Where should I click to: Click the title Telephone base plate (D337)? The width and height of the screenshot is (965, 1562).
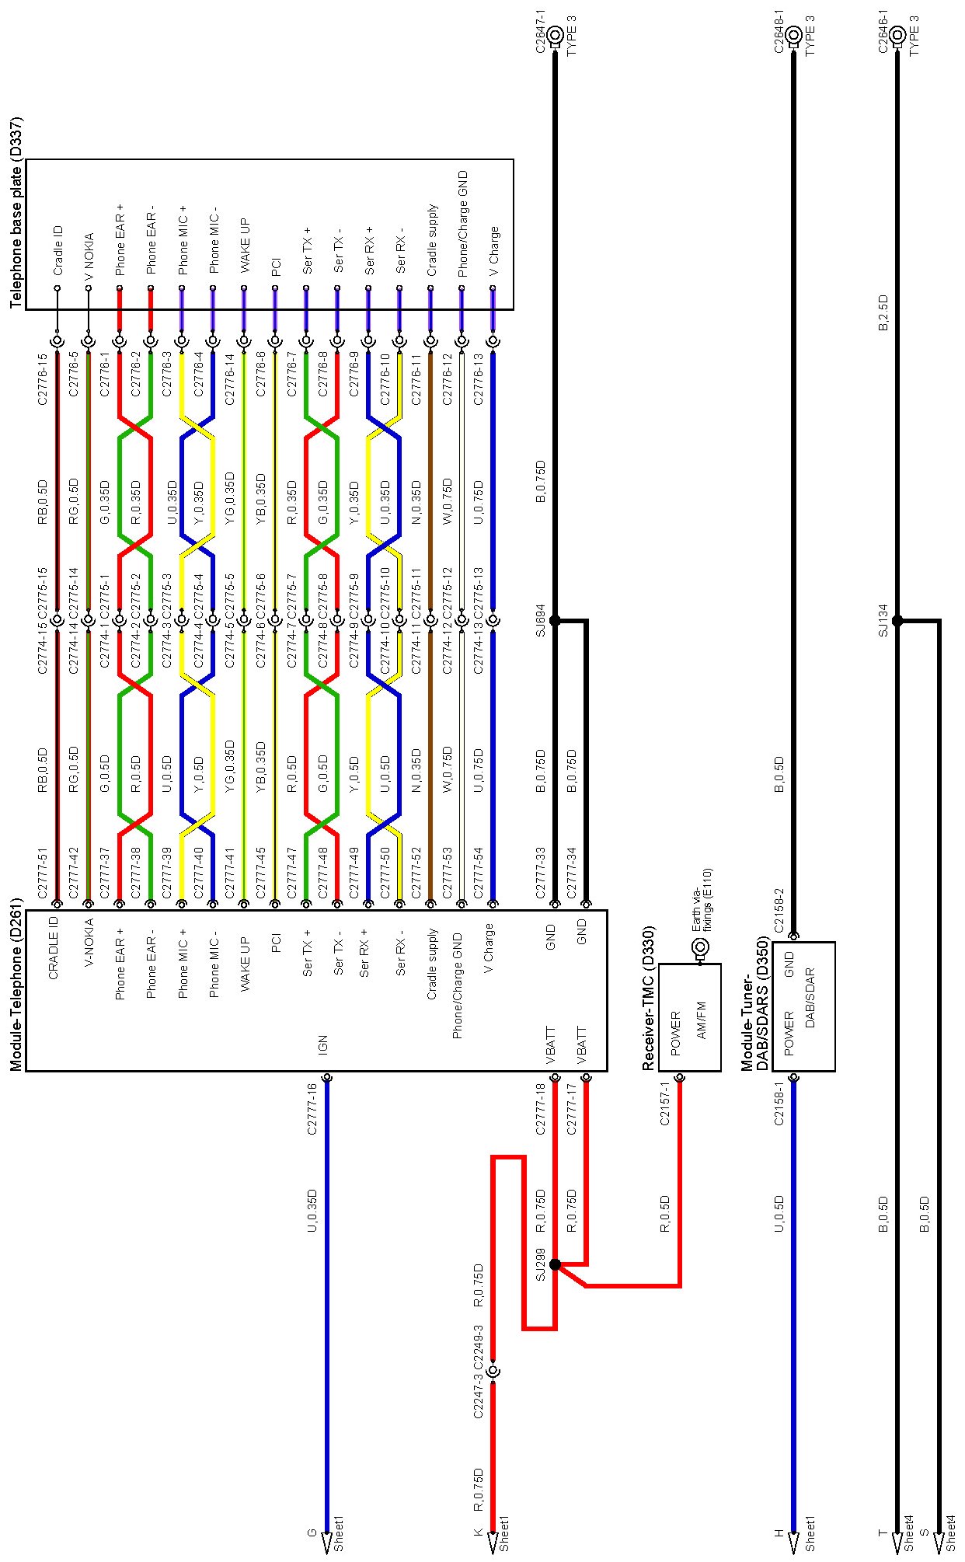click(16, 212)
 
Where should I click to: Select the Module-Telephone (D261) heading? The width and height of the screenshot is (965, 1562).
click(16, 984)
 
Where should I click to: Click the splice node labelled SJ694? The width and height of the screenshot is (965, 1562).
click(555, 620)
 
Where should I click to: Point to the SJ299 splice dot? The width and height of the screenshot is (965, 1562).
click(555, 1264)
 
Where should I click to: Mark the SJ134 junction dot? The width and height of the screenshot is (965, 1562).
click(897, 620)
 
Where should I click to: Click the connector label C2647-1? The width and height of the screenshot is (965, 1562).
click(542, 32)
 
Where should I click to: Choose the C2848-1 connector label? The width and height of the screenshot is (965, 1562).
click(779, 32)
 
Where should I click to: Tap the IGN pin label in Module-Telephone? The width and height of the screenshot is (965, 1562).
click(322, 1044)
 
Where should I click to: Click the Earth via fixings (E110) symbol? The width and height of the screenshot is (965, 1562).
click(700, 947)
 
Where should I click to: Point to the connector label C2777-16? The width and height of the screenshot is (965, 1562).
click(312, 1109)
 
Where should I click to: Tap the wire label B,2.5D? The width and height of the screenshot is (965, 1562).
click(883, 312)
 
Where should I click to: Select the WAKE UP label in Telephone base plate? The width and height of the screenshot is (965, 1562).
click(245, 245)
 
